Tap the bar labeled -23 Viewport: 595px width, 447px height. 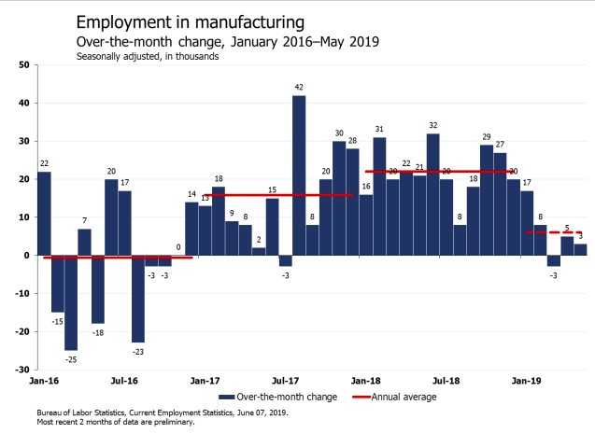click(138, 299)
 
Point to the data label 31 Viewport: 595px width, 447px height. click(379, 129)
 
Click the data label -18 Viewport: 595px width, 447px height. click(98, 332)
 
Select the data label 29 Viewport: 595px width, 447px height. click(487, 136)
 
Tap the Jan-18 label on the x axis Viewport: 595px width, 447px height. click(365, 381)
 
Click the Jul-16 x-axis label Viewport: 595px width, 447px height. click(124, 381)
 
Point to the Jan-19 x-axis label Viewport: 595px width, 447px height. click(528, 381)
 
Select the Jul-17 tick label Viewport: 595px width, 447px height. click(285, 381)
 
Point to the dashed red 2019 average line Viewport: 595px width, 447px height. click(542, 232)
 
